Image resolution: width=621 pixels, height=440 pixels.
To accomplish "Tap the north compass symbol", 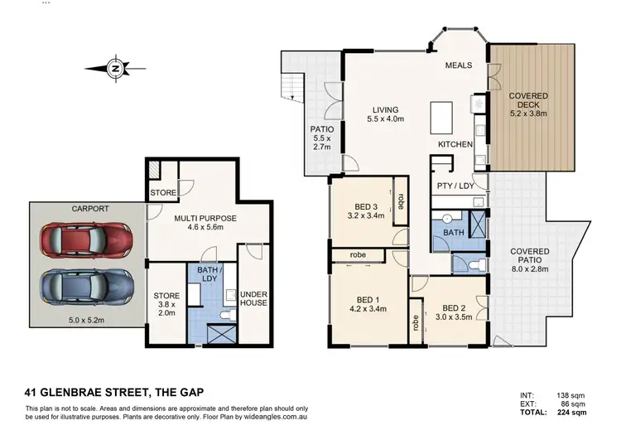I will click(117, 68).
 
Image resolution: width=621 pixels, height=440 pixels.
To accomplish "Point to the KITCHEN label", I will click(455, 144).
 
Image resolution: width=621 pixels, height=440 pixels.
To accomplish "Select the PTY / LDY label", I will click(455, 186).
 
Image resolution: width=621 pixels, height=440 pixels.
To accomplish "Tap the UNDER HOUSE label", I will click(253, 298).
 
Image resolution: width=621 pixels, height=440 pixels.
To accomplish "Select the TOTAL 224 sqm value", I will click(571, 412).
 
